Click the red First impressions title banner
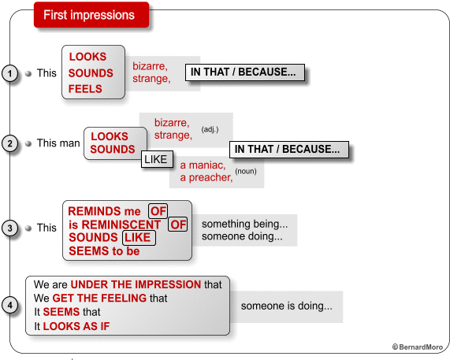[91, 15]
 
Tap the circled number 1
[10, 73]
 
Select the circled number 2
[10, 143]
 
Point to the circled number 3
[10, 228]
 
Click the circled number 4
[10, 305]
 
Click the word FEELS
[85, 89]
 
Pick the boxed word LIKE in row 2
[157, 159]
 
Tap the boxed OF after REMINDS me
[158, 211]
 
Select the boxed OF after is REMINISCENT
[178, 225]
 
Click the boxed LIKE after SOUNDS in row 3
[139, 238]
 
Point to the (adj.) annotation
[210, 129]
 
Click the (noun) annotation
[246, 171]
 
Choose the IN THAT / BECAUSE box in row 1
[245, 72]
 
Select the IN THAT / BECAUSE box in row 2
[289, 150]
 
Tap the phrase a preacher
[206, 177]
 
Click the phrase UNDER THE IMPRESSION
[136, 284]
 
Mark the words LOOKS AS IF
[76, 326]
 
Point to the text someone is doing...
[287, 306]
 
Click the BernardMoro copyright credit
[418, 347]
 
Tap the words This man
[58, 143]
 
